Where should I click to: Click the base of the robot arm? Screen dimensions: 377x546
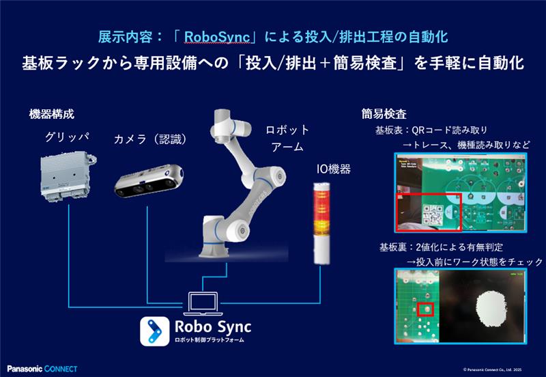coord(219,242)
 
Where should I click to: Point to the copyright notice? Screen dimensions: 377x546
coord(502,369)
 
